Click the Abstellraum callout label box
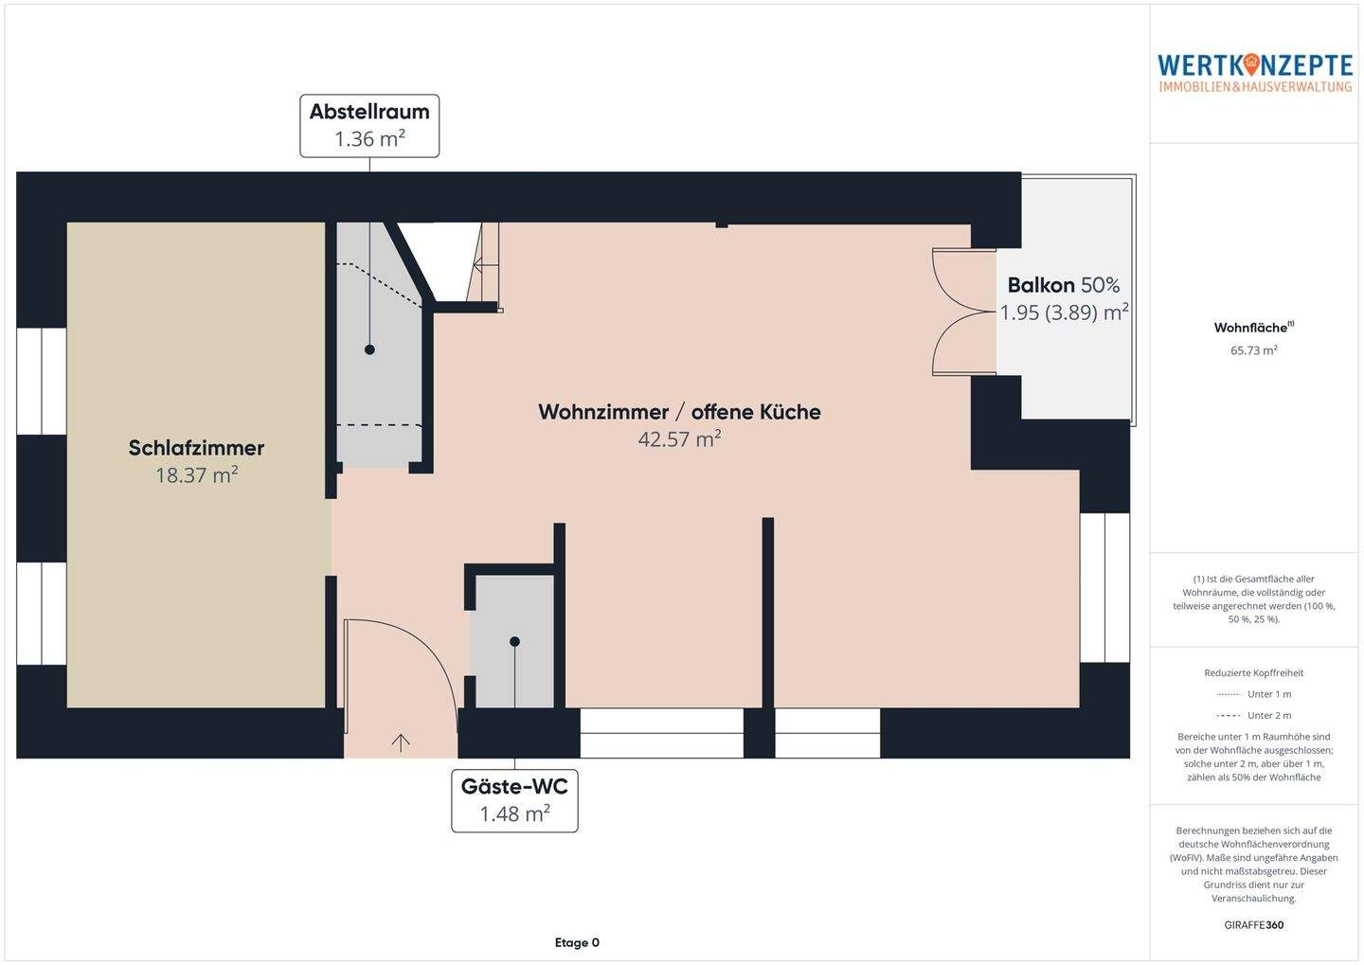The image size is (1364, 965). click(x=369, y=125)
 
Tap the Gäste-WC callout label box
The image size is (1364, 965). click(x=514, y=800)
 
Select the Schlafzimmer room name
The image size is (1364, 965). click(x=196, y=448)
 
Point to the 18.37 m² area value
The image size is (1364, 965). click(x=196, y=474)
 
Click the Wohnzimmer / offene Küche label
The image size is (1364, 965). click(x=679, y=412)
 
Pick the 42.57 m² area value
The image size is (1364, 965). click(x=679, y=439)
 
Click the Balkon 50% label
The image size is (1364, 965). click(x=1063, y=285)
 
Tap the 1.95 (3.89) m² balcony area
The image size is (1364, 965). click(x=1064, y=313)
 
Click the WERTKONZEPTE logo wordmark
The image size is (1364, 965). click(x=1254, y=65)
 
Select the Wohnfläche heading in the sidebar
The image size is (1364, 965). click(x=1253, y=328)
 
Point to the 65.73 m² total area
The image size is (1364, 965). click(x=1253, y=350)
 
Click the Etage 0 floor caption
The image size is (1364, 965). click(x=577, y=942)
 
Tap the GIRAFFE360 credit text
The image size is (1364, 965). click(x=1253, y=925)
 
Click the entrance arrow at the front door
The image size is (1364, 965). click(x=400, y=742)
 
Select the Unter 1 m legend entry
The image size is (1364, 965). click(x=1253, y=694)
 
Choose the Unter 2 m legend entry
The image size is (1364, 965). click(x=1253, y=715)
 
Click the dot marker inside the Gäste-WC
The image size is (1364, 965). click(x=514, y=641)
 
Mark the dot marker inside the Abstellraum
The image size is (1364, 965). click(x=369, y=349)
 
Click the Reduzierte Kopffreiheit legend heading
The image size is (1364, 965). click(x=1253, y=672)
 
